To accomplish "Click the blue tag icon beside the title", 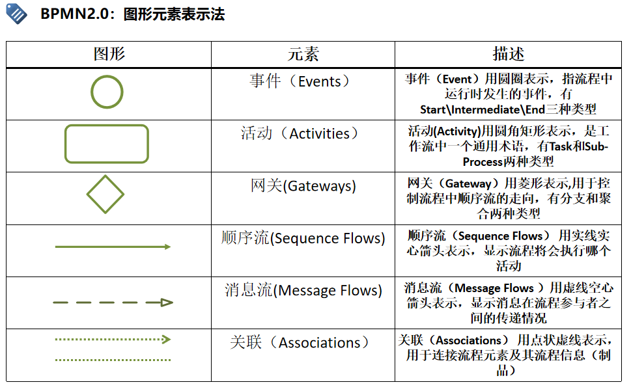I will pos(17,13).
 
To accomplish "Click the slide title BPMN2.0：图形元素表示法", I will pos(132,14).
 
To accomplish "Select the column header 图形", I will pos(109,54).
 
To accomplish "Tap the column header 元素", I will pos(303,54).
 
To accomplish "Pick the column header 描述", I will pos(509,54).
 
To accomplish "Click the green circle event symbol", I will pos(107,92).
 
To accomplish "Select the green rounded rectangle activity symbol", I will pos(107,144).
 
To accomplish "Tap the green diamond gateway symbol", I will pos(105,194).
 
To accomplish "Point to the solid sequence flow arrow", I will pos(113,247).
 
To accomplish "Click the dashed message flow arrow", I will pos(113,303).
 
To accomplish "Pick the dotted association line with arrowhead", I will pos(113,339).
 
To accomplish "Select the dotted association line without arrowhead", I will pos(113,360).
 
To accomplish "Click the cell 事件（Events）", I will pos(302,81).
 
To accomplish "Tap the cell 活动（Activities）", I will pos(302,133).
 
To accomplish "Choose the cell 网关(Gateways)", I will pos(303,186).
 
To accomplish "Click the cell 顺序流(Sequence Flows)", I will pos(303,238).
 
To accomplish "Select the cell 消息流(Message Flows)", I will pos(303,290).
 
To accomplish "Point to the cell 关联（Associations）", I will pos(303,342).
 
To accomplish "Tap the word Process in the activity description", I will pos(483,161).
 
